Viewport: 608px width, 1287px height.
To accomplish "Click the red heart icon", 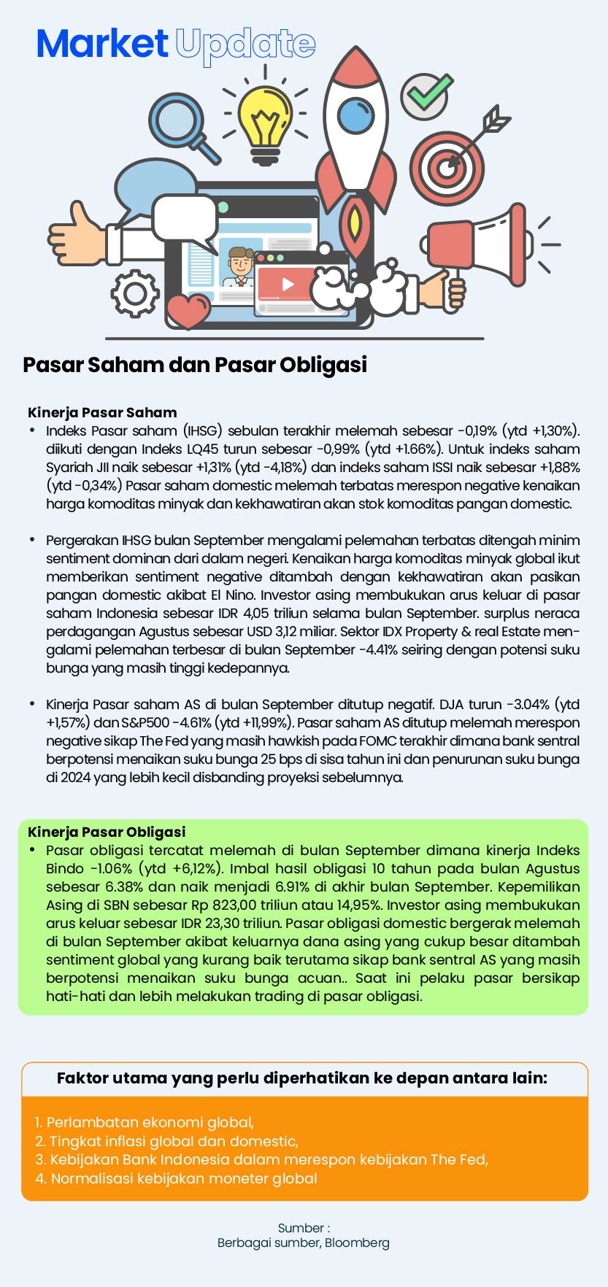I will point(188,311).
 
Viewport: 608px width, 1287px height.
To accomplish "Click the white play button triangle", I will point(288,284).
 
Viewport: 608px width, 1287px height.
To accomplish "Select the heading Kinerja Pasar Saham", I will point(102,412).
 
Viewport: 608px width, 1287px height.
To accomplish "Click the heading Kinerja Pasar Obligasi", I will point(107,832).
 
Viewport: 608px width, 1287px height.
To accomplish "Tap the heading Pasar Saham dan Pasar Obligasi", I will point(195,364).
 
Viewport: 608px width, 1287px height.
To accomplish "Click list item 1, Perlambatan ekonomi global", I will point(145,1122).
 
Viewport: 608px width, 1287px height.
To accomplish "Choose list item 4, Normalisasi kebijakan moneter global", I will point(176,1178).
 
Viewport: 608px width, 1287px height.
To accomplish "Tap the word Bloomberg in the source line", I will point(357,1242).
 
